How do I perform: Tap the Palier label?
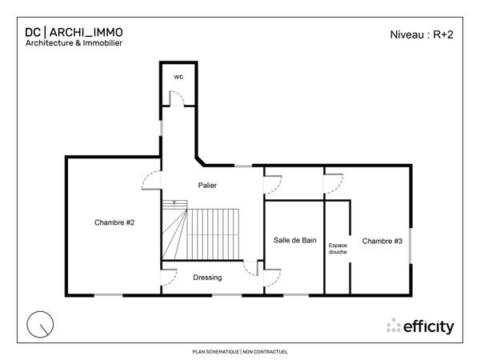[x=208, y=186]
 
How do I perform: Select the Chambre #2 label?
[x=114, y=222]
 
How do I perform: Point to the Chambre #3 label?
[x=382, y=241]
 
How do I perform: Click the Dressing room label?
[x=207, y=278]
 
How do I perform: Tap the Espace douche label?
[x=338, y=249]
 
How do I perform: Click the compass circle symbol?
[x=39, y=324]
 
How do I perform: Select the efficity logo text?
[x=429, y=326]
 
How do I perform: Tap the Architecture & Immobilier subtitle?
[x=73, y=43]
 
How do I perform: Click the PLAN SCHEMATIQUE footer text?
[x=240, y=351]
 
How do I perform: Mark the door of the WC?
[x=178, y=98]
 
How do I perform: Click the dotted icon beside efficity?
[x=393, y=326]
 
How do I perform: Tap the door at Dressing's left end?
[x=170, y=277]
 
